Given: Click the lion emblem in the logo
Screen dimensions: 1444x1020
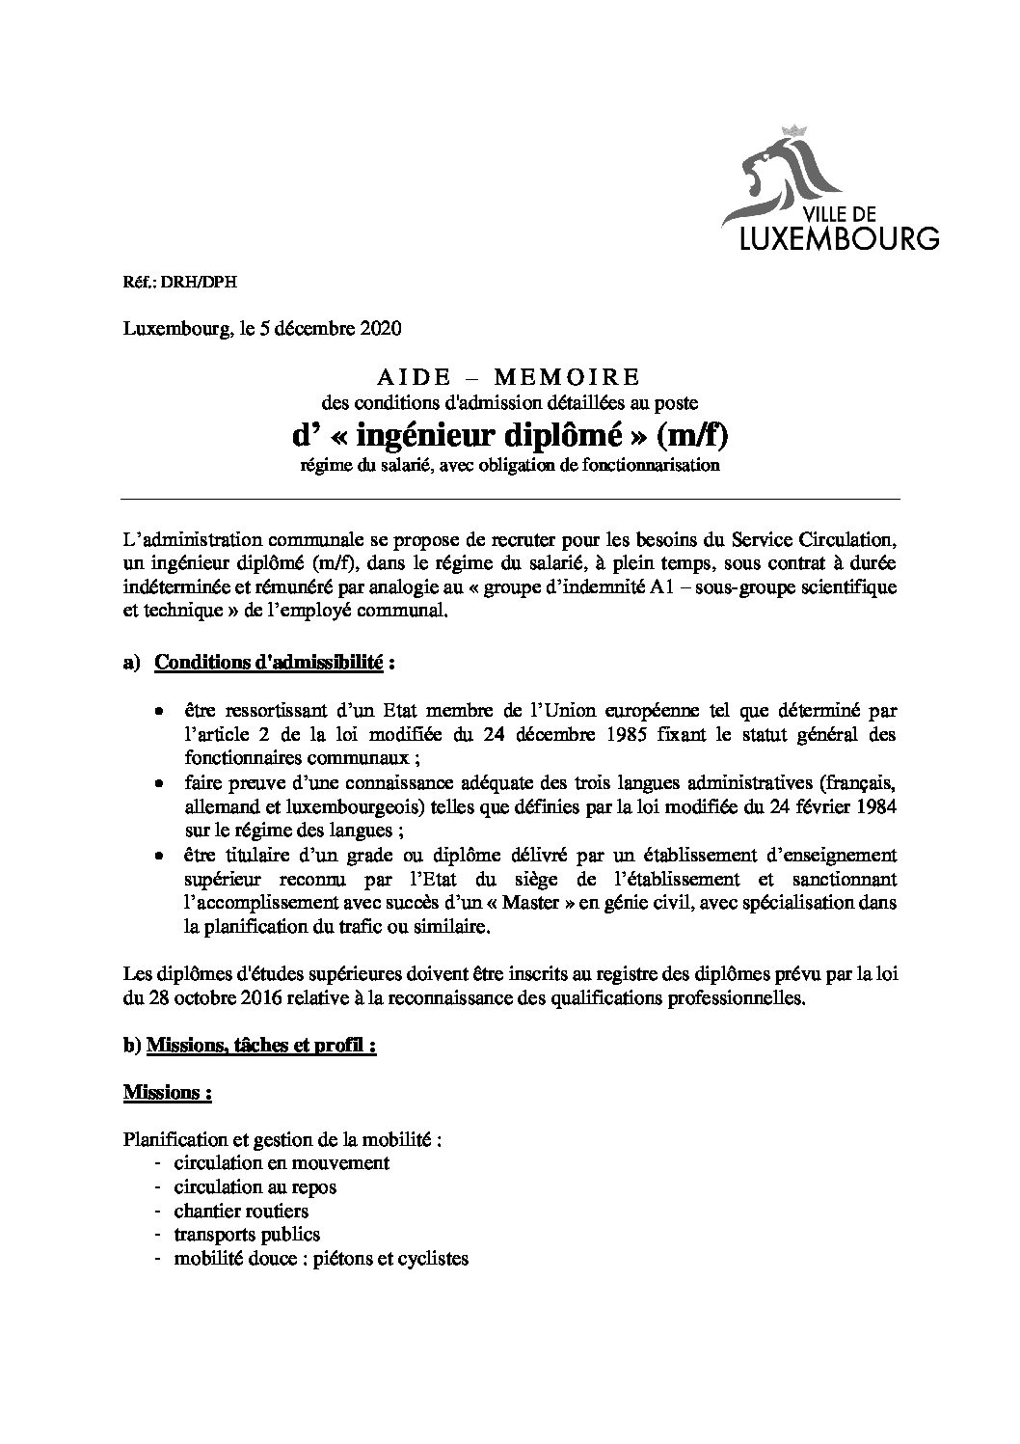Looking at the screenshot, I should pyautogui.click(x=778, y=176).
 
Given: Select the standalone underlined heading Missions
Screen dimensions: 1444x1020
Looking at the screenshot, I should pyautogui.click(x=167, y=1093).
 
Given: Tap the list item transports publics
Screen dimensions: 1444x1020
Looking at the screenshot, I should pyautogui.click(x=247, y=1234).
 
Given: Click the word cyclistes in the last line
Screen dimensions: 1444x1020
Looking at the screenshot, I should pyautogui.click(x=431, y=1258).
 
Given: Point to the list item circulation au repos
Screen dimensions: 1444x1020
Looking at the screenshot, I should pyautogui.click(x=255, y=1186).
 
